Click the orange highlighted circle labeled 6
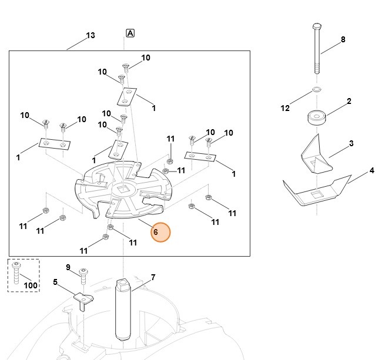[160, 233]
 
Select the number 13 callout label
[90, 35]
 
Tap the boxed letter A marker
[130, 33]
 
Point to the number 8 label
[343, 39]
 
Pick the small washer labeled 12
[317, 90]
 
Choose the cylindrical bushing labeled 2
[317, 117]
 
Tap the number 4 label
[371, 171]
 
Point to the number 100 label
[31, 285]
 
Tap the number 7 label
[153, 277]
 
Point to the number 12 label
[286, 108]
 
